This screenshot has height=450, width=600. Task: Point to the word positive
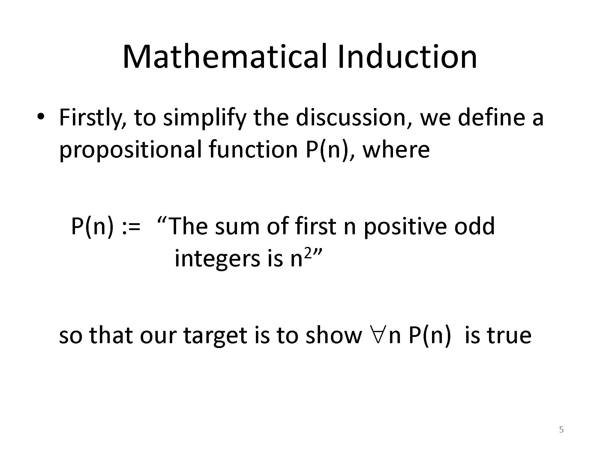(x=405, y=227)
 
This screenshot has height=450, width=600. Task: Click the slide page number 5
(x=561, y=430)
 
